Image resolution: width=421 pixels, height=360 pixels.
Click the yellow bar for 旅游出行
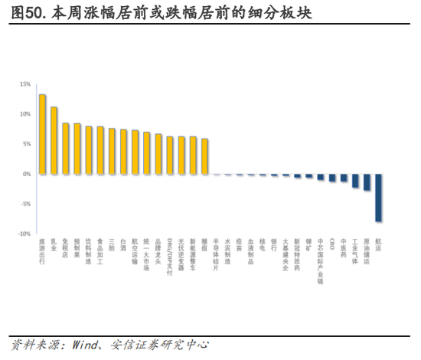[42, 134]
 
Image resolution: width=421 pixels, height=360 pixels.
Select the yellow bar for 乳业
[54, 140]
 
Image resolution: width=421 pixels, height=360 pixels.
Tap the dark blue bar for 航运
[378, 198]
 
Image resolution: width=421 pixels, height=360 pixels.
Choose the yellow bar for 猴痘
[204, 156]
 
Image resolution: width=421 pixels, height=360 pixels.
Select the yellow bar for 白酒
[123, 152]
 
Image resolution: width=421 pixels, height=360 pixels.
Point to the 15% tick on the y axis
[25, 84]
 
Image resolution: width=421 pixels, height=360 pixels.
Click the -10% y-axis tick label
[24, 234]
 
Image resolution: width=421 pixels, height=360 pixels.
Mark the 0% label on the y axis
[27, 174]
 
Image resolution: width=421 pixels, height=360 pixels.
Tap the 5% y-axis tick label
[27, 144]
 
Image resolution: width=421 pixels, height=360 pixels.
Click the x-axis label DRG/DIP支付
[169, 257]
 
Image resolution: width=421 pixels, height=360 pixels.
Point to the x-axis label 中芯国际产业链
[320, 261]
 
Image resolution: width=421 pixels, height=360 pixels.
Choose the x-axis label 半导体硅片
[216, 254]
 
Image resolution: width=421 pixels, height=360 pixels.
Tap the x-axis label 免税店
[65, 249]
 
